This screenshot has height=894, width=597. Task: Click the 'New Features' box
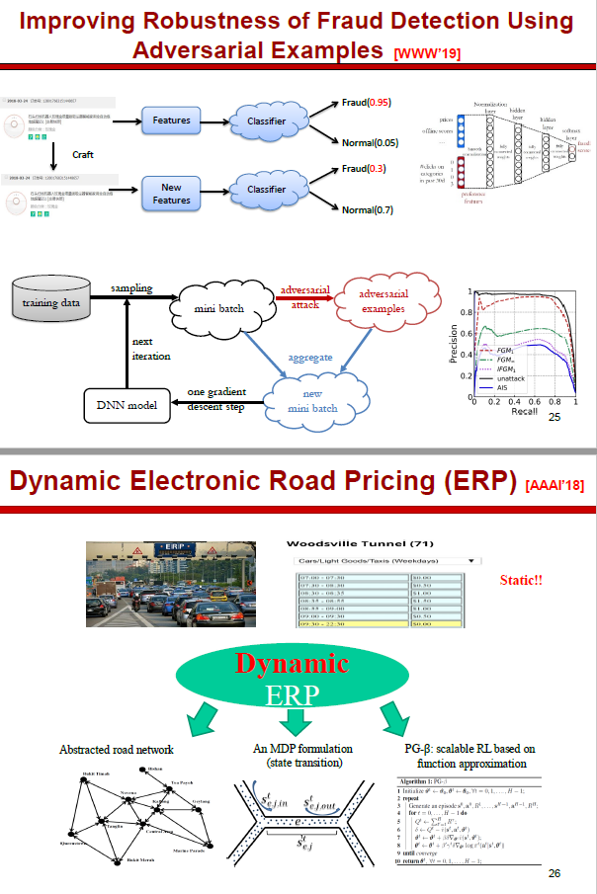[x=172, y=193]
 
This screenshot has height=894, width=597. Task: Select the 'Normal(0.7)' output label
[x=369, y=210]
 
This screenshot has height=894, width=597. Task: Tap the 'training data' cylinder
[x=50, y=302]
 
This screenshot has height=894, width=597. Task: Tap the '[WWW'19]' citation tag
[x=427, y=52]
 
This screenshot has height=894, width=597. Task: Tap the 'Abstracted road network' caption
[x=117, y=750]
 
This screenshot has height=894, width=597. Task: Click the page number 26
[x=554, y=873]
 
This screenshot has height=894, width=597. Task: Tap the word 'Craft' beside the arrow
[x=84, y=154]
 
